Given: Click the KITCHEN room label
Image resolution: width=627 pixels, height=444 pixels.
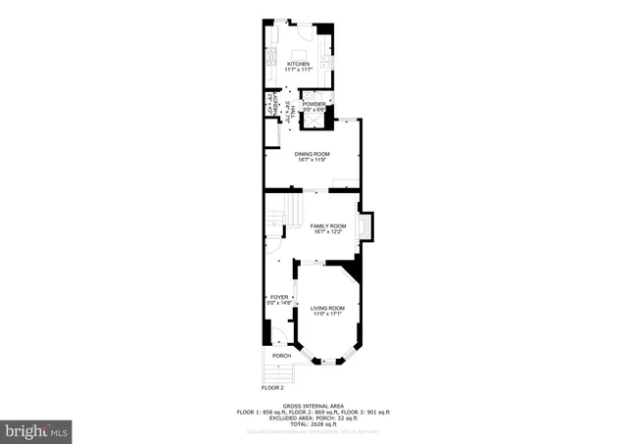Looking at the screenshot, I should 298,65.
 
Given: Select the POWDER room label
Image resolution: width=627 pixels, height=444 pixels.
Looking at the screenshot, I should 313,104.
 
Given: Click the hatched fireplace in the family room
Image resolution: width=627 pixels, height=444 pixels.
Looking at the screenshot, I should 365,227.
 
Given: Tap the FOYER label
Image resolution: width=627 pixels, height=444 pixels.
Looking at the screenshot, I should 279,296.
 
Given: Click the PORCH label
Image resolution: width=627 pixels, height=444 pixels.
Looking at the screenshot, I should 281,355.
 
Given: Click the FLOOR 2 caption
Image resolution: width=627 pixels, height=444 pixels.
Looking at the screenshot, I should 271,389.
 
